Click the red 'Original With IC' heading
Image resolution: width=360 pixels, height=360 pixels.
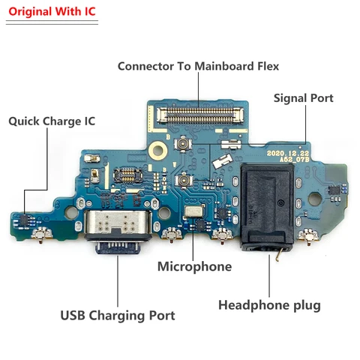pyautogui.click(x=52, y=12)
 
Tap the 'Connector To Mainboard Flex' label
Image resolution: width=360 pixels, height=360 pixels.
pyautogui.click(x=198, y=66)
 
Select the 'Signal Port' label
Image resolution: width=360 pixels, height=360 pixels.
pyautogui.click(x=304, y=98)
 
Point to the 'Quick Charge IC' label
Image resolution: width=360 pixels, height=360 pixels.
pyautogui.click(x=52, y=121)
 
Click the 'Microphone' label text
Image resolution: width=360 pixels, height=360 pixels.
pyautogui.click(x=195, y=266)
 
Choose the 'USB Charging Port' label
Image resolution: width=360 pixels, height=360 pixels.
pyautogui.click(x=118, y=315)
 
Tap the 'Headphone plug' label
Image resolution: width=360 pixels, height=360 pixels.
pyautogui.click(x=269, y=305)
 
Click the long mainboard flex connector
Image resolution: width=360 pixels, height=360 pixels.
pyautogui.click(x=201, y=115)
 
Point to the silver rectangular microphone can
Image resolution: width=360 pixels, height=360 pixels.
pyautogui.click(x=193, y=211)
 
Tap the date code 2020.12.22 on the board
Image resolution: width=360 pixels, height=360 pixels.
pyautogui.click(x=288, y=153)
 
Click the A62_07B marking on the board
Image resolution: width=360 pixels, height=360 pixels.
pyautogui.click(x=295, y=160)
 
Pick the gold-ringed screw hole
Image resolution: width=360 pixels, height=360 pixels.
pyautogui.click(x=157, y=150)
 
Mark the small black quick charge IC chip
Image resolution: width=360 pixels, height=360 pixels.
pyautogui.click(x=25, y=220)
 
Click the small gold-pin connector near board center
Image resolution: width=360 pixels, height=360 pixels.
pyautogui.click(x=127, y=175)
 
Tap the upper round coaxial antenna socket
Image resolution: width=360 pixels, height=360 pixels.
pyautogui.click(x=183, y=144)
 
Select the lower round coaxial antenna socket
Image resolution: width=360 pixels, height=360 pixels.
pyautogui.click(x=184, y=179)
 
